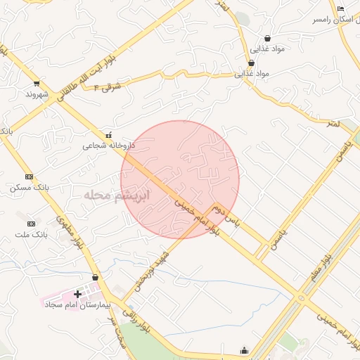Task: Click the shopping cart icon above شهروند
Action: (x=37, y=84)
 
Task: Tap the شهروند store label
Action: (x=36, y=94)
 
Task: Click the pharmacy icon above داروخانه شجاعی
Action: (x=108, y=135)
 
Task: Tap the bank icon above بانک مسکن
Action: (x=29, y=176)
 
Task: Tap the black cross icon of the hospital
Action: (x=77, y=293)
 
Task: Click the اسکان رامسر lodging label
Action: (x=336, y=20)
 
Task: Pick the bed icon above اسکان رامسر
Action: (x=341, y=8)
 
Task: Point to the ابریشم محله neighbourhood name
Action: (x=115, y=195)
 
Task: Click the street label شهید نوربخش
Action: (x=150, y=270)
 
